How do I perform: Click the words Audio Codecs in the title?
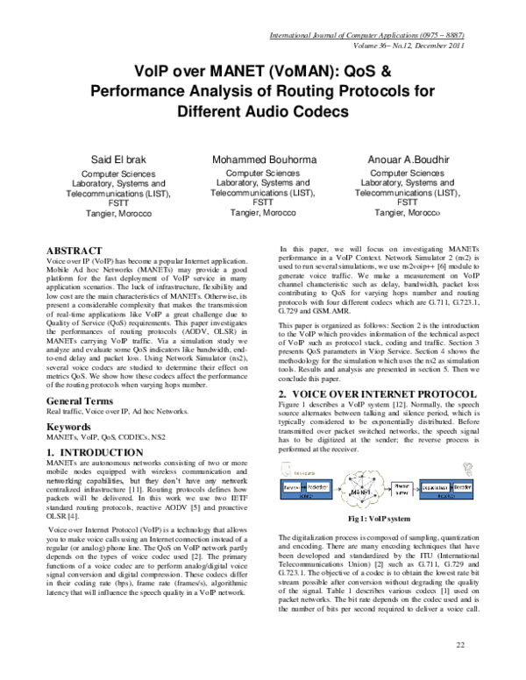302,111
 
